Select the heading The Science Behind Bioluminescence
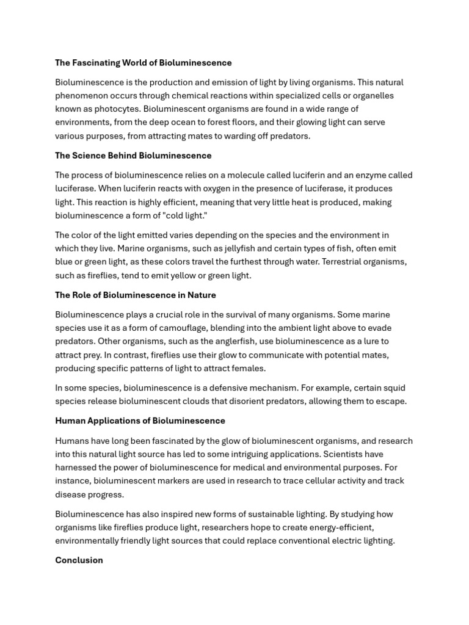133,156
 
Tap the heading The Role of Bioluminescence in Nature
136,295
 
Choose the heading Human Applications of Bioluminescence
140,421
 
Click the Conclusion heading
79,560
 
